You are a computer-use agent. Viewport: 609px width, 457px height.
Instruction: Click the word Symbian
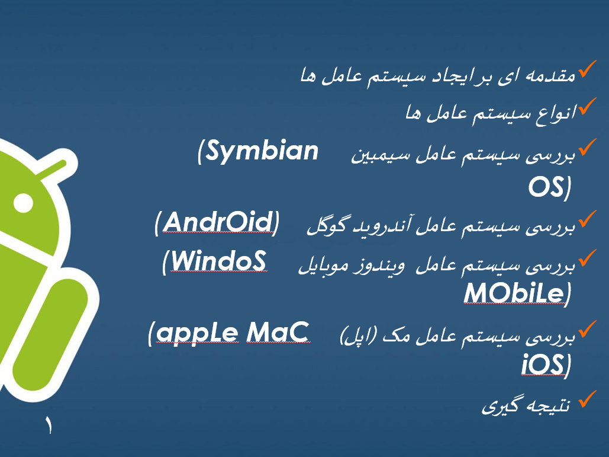[263, 152]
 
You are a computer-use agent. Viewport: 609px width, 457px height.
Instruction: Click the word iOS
[541, 364]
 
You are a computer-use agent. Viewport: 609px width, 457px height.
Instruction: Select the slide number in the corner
[47, 426]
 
